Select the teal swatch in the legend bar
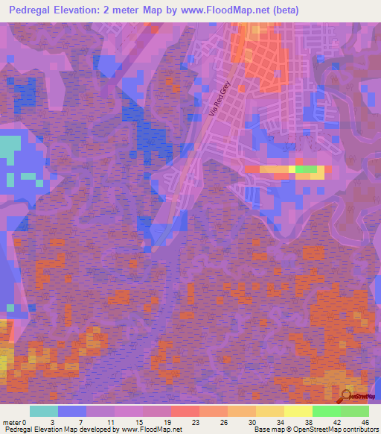(x=44, y=411)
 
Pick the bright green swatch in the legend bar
(x=326, y=411)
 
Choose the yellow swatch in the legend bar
(x=298, y=411)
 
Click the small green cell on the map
(x=306, y=170)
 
